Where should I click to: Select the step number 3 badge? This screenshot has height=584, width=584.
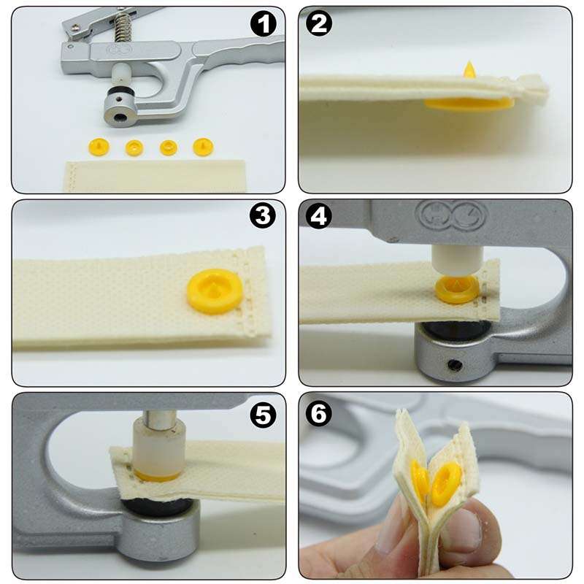tap(263, 217)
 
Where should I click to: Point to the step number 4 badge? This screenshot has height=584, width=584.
tap(319, 217)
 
